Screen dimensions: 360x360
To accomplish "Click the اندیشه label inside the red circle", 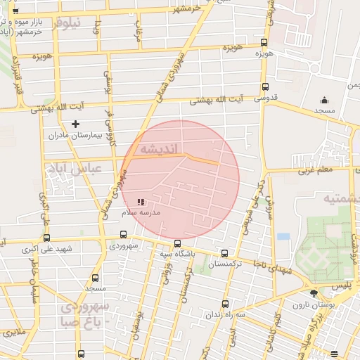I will [160, 149].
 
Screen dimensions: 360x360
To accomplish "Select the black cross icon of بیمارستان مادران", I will [75, 124].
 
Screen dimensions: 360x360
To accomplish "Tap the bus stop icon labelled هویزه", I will [264, 43].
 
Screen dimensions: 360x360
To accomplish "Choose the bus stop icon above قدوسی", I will [264, 86].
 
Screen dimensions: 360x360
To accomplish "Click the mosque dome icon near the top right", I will [324, 100].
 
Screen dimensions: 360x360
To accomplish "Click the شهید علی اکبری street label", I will [48, 249].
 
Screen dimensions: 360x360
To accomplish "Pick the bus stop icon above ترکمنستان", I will [224, 253].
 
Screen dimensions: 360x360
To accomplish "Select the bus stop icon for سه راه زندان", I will [225, 304].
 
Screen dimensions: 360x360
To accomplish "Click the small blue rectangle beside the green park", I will [283, 236].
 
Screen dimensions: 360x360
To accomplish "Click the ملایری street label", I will [13, 331].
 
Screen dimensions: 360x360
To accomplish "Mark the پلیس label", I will [340, 287].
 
